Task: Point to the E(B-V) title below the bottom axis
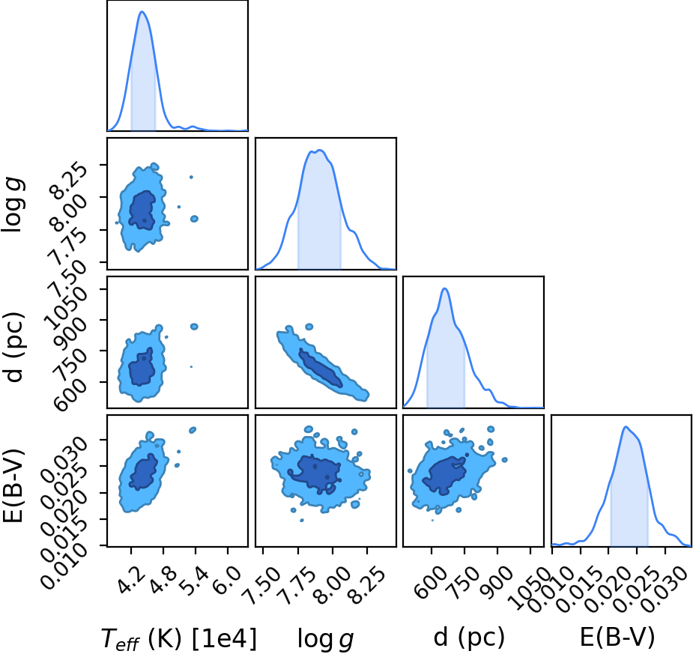click(617, 638)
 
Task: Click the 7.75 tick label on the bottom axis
click(299, 584)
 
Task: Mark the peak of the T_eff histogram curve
click(142, 11)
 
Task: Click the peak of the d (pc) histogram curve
click(444, 288)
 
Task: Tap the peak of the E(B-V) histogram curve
click(626, 427)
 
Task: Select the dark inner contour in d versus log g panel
click(321, 368)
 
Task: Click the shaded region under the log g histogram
click(319, 212)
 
